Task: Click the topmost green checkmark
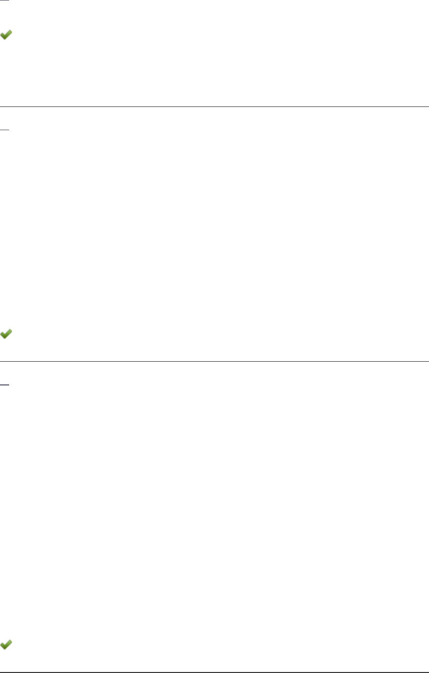click(6, 35)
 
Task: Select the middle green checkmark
click(6, 333)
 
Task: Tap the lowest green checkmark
click(6, 644)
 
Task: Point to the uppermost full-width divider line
click(214, 106)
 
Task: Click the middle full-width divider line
click(214, 361)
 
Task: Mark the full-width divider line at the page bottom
click(214, 671)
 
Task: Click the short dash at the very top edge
click(5, 1)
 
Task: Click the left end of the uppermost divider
click(1, 106)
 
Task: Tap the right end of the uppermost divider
click(427, 106)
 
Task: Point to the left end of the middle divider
click(1, 361)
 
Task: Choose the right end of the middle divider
click(427, 361)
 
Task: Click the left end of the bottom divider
click(1, 671)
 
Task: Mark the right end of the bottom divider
click(427, 671)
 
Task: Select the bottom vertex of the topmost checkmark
click(5, 38)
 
